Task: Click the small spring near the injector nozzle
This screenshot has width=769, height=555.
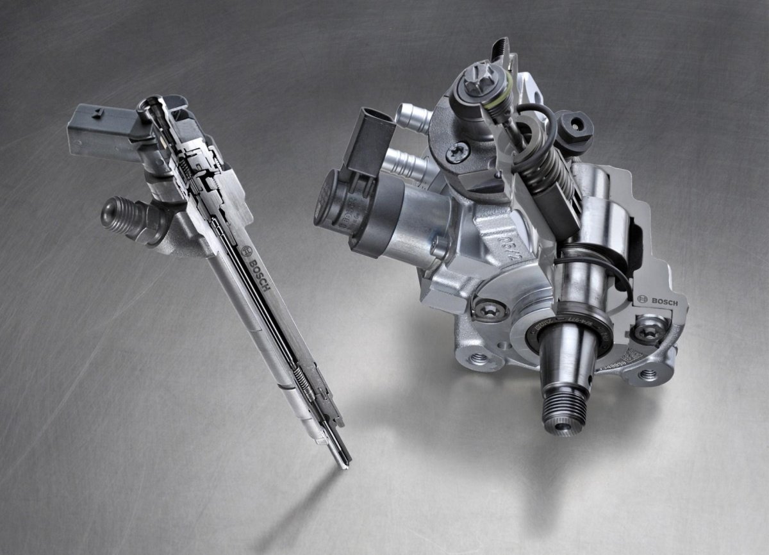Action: click(x=306, y=378)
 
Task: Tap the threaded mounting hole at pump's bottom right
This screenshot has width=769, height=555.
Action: click(x=650, y=374)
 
